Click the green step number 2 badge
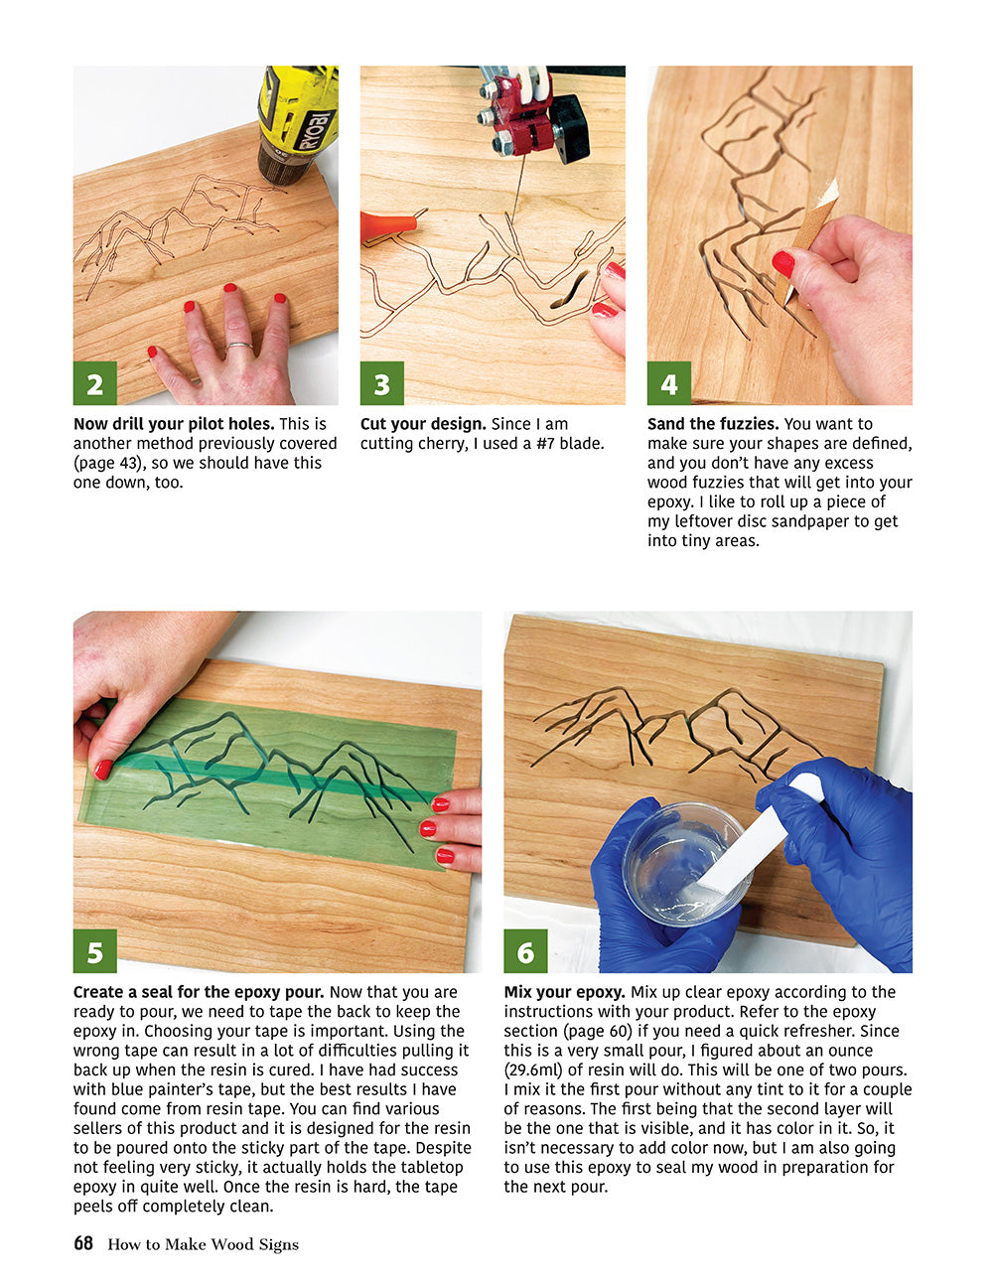coord(95,383)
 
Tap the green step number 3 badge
coord(382,383)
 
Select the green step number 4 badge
coord(669,383)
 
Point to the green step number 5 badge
coord(95,951)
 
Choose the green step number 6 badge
coord(525,951)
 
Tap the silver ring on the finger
coord(237,347)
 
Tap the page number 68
coord(83,1243)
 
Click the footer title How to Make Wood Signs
coord(203,1244)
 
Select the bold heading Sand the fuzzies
coord(712,424)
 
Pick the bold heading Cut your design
coord(423,424)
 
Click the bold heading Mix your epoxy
coord(564,992)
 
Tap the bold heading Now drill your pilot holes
coord(174,424)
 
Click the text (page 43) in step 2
coord(108,463)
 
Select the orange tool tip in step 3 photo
coord(384,224)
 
